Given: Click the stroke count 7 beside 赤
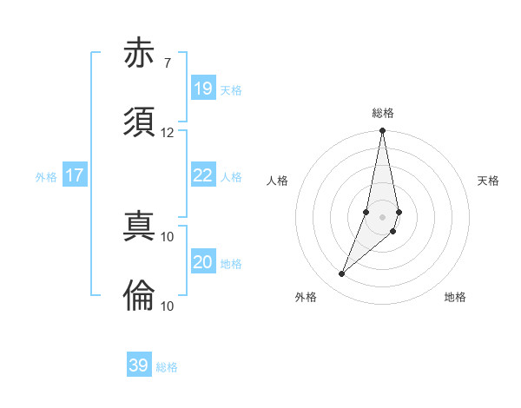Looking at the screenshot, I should (x=167, y=63).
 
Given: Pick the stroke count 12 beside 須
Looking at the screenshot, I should (x=167, y=132).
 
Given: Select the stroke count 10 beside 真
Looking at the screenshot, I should (x=167, y=236).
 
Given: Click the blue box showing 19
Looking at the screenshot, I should (x=202, y=89).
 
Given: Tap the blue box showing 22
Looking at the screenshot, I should (x=202, y=175).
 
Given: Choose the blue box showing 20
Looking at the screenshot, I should (x=202, y=262).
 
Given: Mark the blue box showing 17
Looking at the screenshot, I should (x=75, y=175).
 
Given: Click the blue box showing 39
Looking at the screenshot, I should (x=139, y=365).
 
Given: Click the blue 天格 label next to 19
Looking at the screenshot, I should (x=231, y=90).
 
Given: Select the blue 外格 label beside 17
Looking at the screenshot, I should (x=46, y=177).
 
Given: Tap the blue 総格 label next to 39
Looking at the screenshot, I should (x=167, y=367).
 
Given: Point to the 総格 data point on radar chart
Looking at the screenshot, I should (x=382, y=131).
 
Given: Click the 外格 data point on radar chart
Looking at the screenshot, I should (x=342, y=274).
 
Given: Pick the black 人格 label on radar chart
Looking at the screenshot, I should (x=278, y=181).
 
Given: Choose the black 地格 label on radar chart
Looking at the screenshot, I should (x=455, y=297).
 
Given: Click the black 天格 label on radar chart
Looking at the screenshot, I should (x=488, y=181).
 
